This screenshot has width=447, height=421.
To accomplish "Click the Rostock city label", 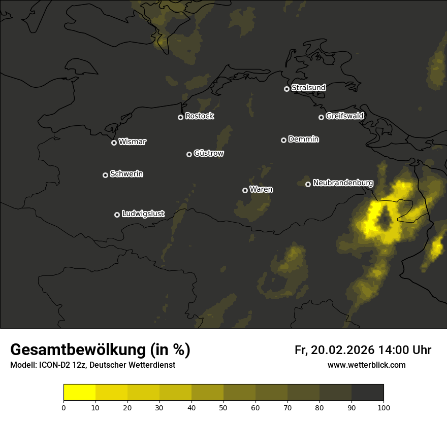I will tap(199, 116).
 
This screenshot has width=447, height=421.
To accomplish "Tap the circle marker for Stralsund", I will tap(286, 89).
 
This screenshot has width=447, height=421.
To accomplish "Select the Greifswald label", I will tap(344, 116).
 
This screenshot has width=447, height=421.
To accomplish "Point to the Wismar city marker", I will tap(114, 143).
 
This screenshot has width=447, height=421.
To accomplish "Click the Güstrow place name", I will tap(209, 153).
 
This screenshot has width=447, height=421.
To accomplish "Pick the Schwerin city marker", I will tap(105, 175).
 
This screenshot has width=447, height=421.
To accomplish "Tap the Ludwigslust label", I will tap(143, 214).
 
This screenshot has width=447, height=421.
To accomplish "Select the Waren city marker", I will tap(245, 190).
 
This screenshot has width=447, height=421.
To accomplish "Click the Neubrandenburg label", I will tap(343, 183).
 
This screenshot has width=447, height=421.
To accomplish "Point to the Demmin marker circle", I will tap(283, 140).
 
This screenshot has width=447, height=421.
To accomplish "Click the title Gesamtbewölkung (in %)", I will tap(100, 350).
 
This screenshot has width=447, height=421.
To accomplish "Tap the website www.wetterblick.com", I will tap(366, 365).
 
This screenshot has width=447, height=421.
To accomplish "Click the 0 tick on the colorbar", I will tap(63, 407).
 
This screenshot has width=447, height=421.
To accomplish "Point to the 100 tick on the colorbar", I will tap(384, 407).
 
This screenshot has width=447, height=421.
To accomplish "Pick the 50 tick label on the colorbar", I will tap(223, 407).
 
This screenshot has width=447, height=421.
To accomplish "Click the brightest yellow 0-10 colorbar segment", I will tap(79, 393).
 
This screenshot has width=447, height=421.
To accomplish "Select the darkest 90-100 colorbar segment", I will tap(367, 393).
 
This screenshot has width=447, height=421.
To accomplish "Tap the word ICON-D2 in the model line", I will tap(56, 365).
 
